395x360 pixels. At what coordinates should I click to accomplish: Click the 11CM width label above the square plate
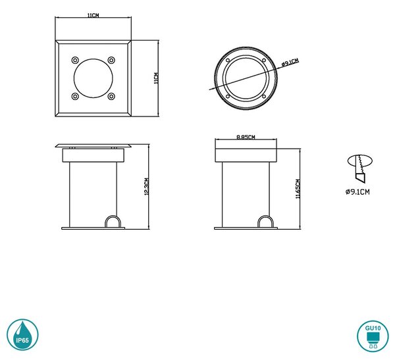click(93, 15)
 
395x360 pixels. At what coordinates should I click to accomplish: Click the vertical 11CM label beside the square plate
click(156, 78)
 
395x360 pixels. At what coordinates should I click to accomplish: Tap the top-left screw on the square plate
click(75, 60)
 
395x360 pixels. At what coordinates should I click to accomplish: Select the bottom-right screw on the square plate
click(111, 96)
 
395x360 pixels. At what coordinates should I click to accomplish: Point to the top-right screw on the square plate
click(111, 60)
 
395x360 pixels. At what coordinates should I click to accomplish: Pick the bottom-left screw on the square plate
click(75, 96)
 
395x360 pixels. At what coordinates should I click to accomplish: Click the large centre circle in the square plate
click(93, 78)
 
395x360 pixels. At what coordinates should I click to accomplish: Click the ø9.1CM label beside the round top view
click(290, 63)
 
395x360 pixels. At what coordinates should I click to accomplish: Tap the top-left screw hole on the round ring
click(228, 60)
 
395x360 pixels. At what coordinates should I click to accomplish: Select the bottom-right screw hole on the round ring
click(264, 97)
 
